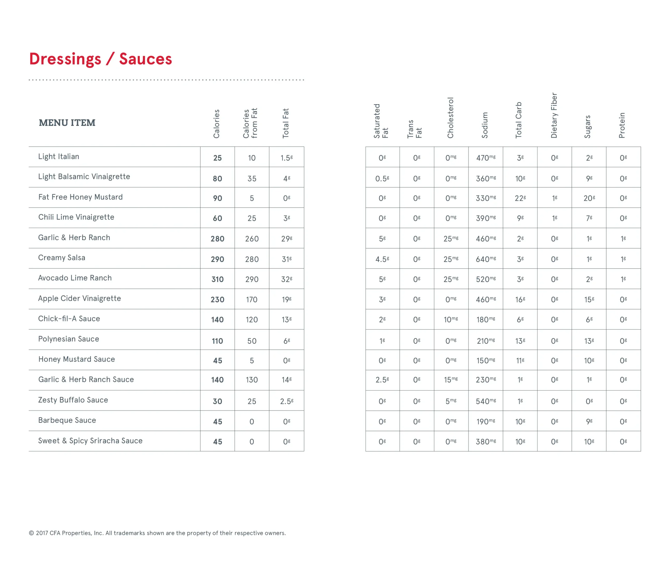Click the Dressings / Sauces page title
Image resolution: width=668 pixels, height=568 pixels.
(100, 59)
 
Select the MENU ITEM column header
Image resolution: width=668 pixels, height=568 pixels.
(67, 123)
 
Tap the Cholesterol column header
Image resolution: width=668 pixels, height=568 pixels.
(450, 118)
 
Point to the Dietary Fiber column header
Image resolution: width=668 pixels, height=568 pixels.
(554, 115)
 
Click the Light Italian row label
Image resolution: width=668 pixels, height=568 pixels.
(59, 157)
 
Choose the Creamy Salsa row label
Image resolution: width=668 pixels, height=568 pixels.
(62, 258)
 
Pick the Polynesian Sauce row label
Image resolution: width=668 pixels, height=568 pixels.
(69, 339)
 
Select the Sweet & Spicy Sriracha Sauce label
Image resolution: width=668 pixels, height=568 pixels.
(90, 441)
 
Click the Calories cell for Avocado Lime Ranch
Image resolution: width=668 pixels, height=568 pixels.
(217, 279)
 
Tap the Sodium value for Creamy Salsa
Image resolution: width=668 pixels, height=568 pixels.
(485, 259)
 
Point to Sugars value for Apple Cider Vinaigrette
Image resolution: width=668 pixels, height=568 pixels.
(589, 299)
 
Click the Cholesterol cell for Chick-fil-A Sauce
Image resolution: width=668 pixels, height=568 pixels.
(451, 319)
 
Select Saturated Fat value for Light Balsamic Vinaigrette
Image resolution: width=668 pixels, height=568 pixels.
(382, 178)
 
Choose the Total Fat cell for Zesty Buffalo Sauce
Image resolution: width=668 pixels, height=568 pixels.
(287, 401)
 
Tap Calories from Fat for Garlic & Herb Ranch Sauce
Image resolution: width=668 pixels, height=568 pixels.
(252, 380)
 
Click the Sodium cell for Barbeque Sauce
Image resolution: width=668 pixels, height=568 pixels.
(485, 421)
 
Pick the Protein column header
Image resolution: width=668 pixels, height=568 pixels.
(622, 125)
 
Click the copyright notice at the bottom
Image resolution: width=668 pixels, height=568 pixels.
(157, 533)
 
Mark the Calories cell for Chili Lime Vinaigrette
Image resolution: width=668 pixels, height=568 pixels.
(217, 218)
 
